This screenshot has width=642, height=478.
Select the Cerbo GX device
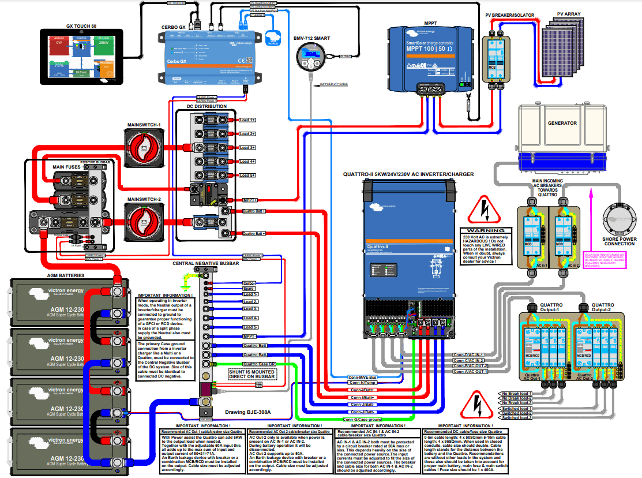[x=207, y=55]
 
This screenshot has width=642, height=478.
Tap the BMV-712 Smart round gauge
[x=311, y=58]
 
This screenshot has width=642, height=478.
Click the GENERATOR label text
[x=562, y=123]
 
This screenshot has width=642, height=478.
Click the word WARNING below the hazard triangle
[x=486, y=230]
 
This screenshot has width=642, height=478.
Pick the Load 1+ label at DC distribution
[x=247, y=120]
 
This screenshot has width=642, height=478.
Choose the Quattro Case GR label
[x=258, y=364]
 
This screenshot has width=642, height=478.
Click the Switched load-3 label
[x=515, y=419]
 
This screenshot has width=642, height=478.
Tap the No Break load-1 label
[x=515, y=394]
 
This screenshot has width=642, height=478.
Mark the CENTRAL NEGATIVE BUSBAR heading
[x=206, y=263]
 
